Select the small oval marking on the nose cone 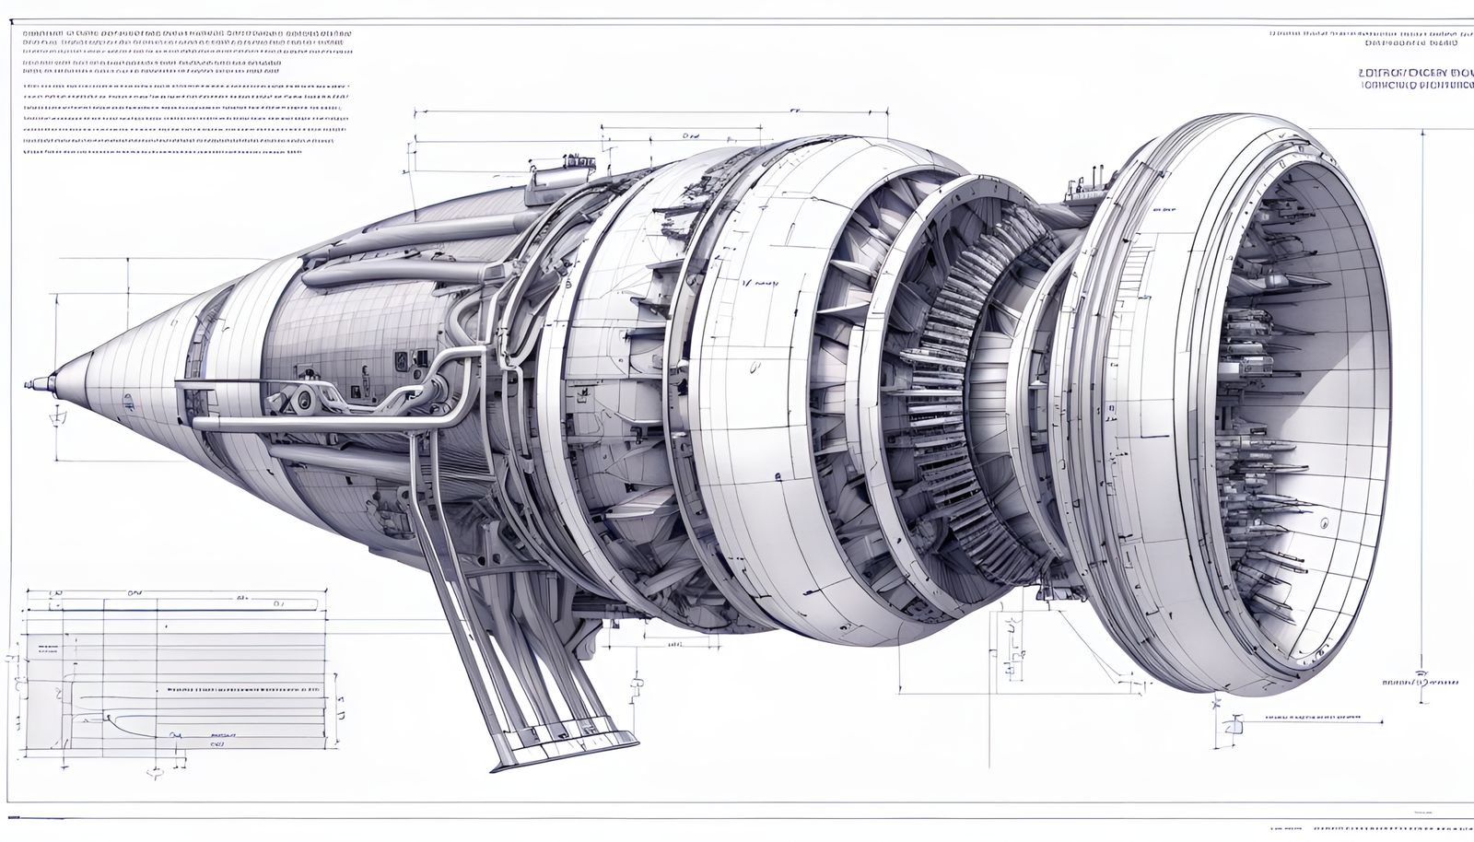point(128,400)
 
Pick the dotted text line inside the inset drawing point(244,688)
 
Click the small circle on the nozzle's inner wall point(1324,521)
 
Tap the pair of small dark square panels point(403,359)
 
